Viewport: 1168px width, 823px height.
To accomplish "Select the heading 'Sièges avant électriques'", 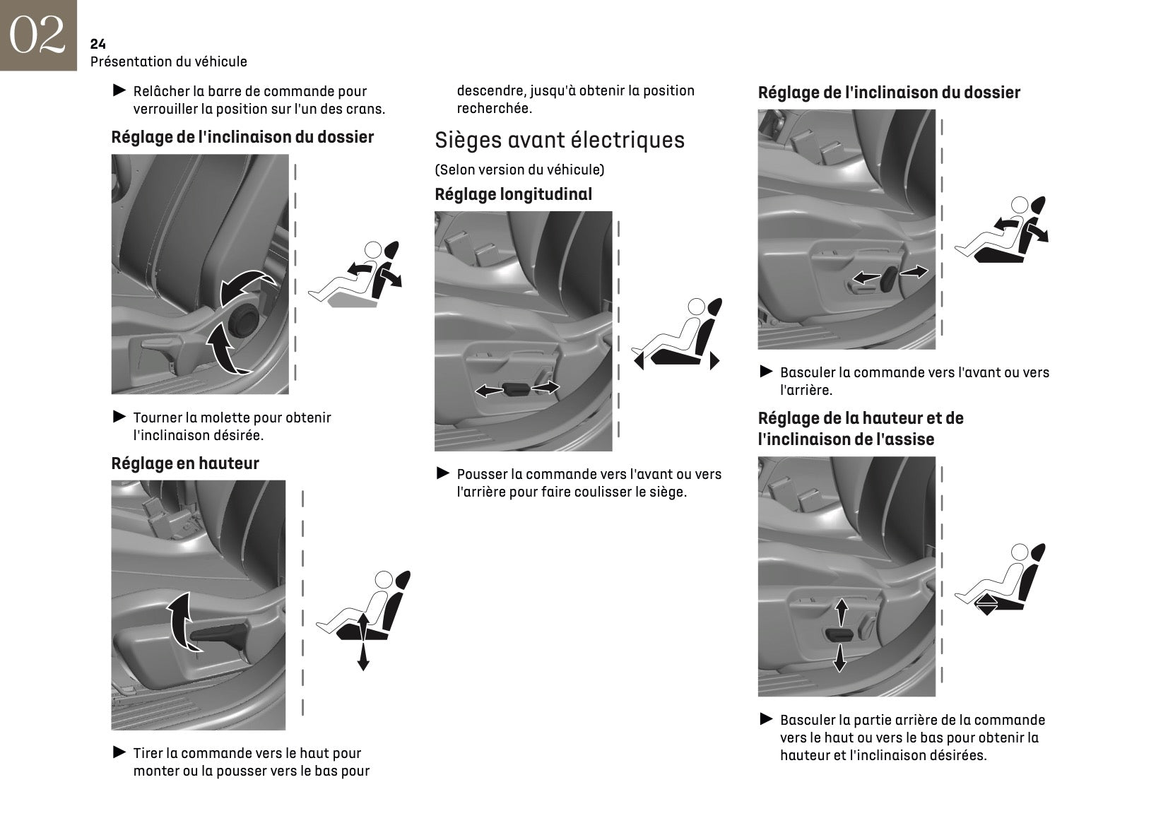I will point(560,140).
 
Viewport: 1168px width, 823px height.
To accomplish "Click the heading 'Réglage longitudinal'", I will point(513,194).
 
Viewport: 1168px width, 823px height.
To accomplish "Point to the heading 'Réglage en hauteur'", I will point(185,463).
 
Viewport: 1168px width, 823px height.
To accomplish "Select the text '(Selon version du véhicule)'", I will point(519,170).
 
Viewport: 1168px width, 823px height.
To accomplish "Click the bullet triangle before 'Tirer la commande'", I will point(119,752).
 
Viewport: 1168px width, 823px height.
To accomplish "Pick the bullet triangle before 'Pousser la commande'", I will point(443,473).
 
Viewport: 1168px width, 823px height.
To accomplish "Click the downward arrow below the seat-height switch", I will point(839,659).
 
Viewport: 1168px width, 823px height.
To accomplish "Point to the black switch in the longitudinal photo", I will point(517,389).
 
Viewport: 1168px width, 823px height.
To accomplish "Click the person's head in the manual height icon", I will point(383,581).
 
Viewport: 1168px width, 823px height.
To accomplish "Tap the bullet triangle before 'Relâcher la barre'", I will point(119,90).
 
